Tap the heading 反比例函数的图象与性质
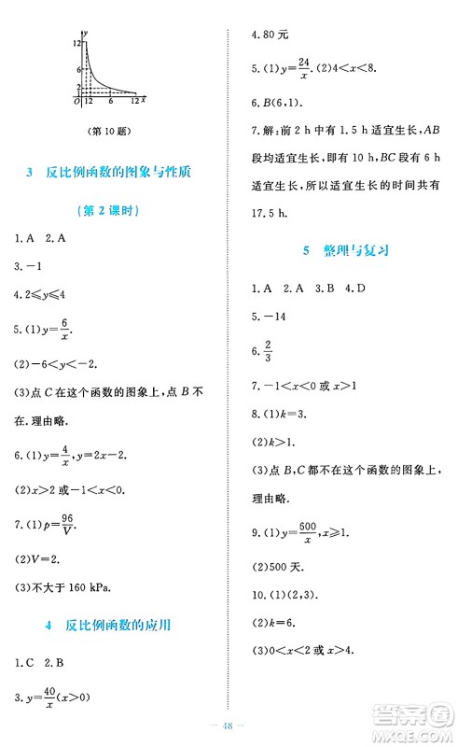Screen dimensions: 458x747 tap(118, 172)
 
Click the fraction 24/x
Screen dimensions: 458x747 tap(302, 68)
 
